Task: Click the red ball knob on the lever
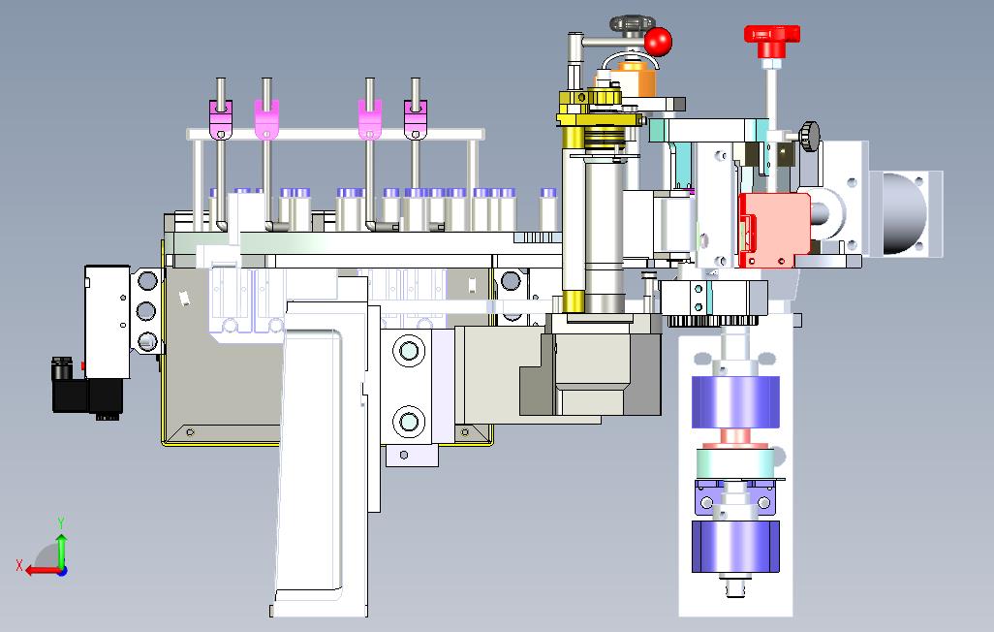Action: tap(658, 42)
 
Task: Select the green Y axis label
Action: tap(61, 522)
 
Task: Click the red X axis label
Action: tap(19, 565)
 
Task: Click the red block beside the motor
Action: tap(775, 230)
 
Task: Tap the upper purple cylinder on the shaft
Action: tap(735, 402)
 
